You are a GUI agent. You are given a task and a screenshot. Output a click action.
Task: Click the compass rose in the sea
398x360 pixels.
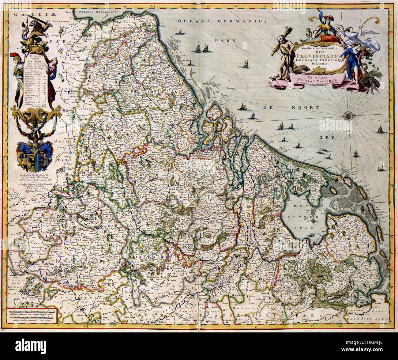(348, 116)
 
